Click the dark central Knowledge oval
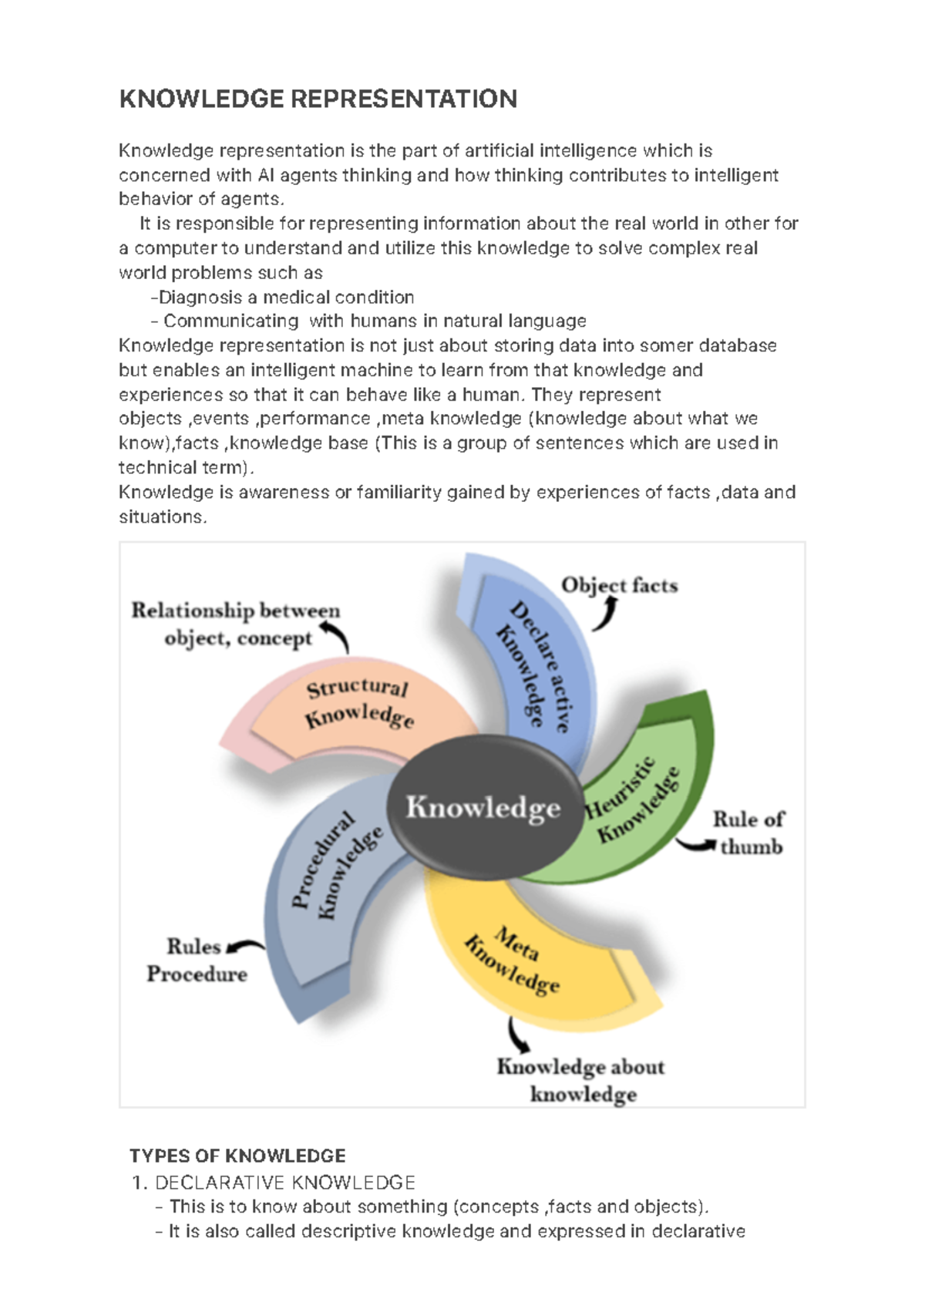[x=484, y=807]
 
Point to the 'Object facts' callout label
[x=619, y=585]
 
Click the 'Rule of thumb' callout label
[x=748, y=833]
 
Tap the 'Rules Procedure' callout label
[x=197, y=960]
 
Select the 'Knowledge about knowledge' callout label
[x=580, y=1079]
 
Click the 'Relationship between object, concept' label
[x=235, y=624]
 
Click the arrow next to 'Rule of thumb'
[x=696, y=845]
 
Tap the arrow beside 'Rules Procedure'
[x=244, y=946]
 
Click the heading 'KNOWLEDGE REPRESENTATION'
[x=318, y=99]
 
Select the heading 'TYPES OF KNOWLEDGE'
[x=237, y=1156]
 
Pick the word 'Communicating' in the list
[x=230, y=321]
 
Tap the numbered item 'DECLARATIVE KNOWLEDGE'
[x=285, y=1182]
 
